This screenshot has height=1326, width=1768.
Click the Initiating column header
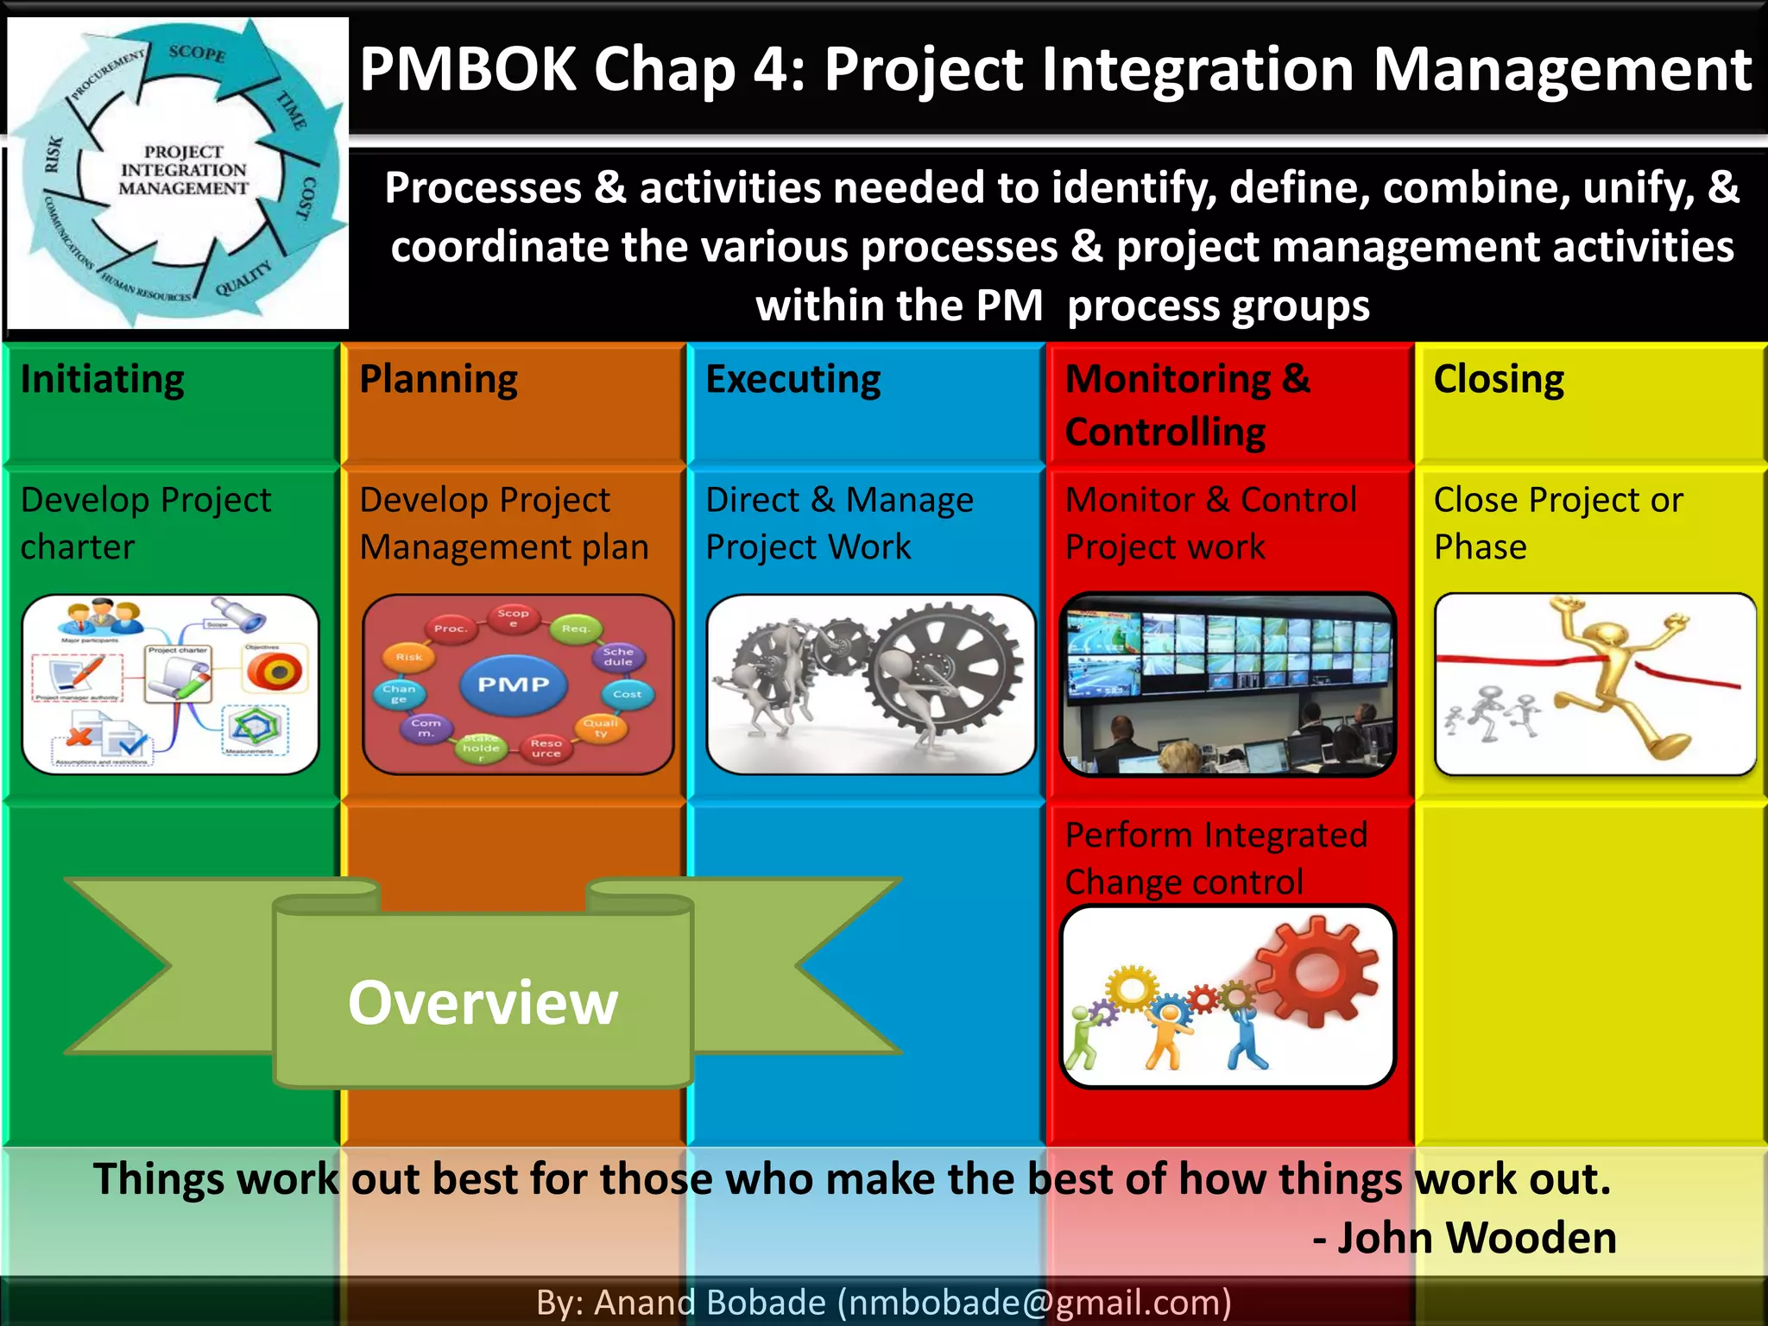[x=103, y=380]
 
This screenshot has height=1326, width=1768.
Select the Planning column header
[x=439, y=380]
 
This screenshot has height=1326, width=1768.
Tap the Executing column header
[x=793, y=380]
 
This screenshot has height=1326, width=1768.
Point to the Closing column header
[x=1499, y=380]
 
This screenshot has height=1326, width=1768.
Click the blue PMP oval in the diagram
[x=514, y=684]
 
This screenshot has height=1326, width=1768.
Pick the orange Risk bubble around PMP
[x=409, y=657]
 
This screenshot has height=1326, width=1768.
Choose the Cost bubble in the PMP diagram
[x=627, y=694]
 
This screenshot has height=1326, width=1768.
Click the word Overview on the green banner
[x=483, y=1002]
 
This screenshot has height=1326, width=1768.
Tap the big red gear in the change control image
[x=1316, y=971]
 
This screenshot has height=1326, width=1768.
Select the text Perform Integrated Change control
[x=1215, y=858]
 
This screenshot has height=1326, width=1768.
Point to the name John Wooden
[x=1476, y=1237]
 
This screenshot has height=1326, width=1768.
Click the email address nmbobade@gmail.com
[x=1034, y=1302]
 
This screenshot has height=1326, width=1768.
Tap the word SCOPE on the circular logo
[x=197, y=53]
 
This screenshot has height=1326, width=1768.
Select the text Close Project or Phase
[x=1558, y=523]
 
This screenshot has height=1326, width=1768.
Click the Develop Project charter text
[x=145, y=523]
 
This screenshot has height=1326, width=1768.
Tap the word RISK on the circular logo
[x=54, y=155]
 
